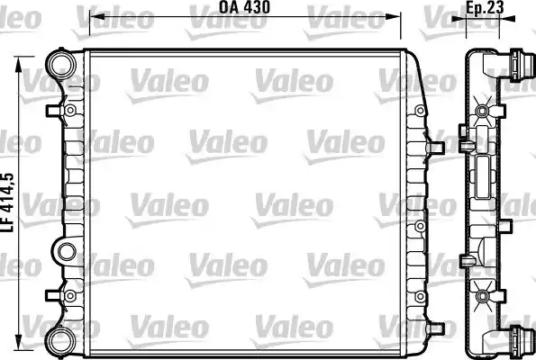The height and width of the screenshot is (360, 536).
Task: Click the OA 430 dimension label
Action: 244,7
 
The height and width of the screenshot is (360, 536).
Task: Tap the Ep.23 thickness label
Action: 485,8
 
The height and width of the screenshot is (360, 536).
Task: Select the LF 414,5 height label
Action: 7,202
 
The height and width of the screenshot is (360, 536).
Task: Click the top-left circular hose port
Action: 62,65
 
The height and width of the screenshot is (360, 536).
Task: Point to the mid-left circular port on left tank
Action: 67,252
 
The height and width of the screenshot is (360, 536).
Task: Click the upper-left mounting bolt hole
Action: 70,110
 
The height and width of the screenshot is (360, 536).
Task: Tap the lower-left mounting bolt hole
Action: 70,296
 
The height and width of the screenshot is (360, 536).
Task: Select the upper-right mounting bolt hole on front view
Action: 420,111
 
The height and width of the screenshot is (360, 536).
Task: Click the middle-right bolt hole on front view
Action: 420,226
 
